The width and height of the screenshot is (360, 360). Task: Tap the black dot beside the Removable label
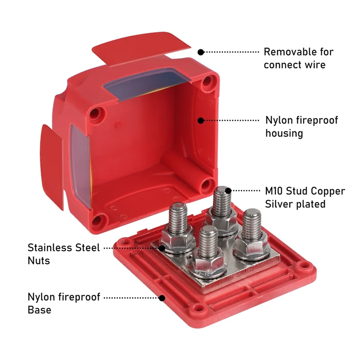point(201,52)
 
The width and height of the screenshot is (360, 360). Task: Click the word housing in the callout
point(284,133)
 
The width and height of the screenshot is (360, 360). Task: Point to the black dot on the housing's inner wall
point(201,120)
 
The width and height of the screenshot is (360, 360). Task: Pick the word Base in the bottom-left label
point(39,310)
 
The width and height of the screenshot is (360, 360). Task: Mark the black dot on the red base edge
point(162,297)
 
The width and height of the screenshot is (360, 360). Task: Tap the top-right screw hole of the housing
point(207,81)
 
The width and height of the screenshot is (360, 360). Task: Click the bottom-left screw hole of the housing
point(100,220)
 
